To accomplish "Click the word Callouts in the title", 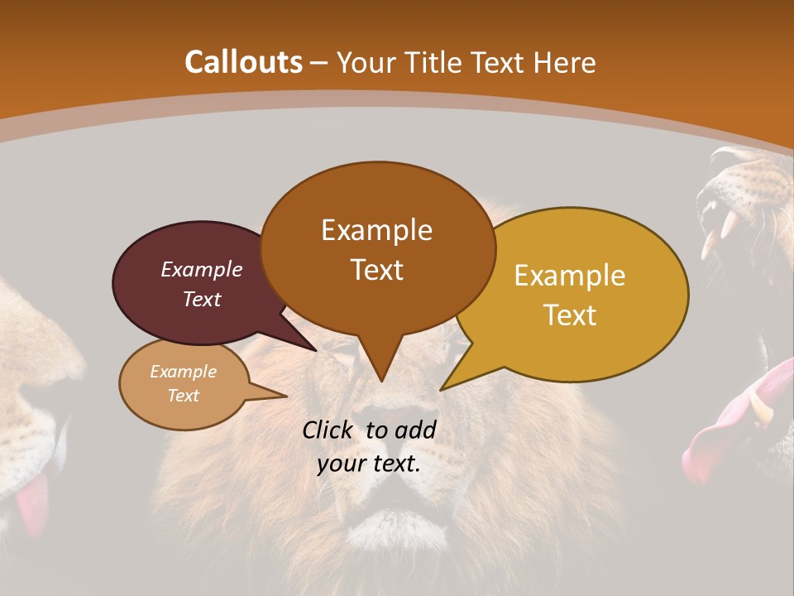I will tap(243, 62).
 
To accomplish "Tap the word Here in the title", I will tap(565, 62).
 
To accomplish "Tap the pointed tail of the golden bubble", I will tap(442, 389).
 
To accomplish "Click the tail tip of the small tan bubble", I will tap(285, 396).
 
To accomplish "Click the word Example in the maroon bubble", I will tap(201, 269).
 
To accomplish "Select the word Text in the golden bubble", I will tap(571, 315).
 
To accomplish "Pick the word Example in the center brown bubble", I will tap(376, 230).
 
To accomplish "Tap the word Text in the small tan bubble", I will tap(184, 396).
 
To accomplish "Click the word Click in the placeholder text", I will tap(328, 430).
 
